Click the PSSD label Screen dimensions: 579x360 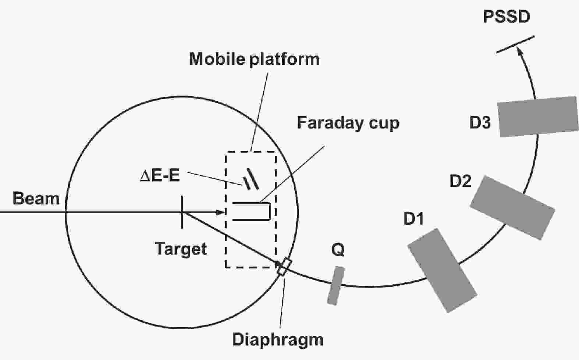click(507, 17)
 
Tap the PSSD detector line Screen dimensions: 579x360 click(515, 44)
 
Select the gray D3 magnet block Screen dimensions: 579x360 click(538, 117)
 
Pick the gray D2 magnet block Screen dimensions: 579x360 click(512, 208)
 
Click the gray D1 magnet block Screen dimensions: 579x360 click(442, 270)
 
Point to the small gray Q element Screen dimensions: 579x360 click(336, 286)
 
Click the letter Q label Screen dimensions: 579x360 click(338, 250)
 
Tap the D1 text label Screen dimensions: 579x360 click(413, 219)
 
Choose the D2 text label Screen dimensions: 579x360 click(460, 181)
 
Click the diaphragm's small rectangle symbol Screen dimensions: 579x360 click(284, 267)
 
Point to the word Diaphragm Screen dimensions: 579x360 click(278, 339)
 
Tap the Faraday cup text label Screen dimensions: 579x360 click(348, 123)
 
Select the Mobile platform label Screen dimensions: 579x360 click(254, 60)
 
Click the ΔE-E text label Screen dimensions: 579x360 click(160, 176)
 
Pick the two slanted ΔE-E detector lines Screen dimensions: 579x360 click(250, 179)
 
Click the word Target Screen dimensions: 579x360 click(181, 249)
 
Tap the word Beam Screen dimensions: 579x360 click(36, 199)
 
